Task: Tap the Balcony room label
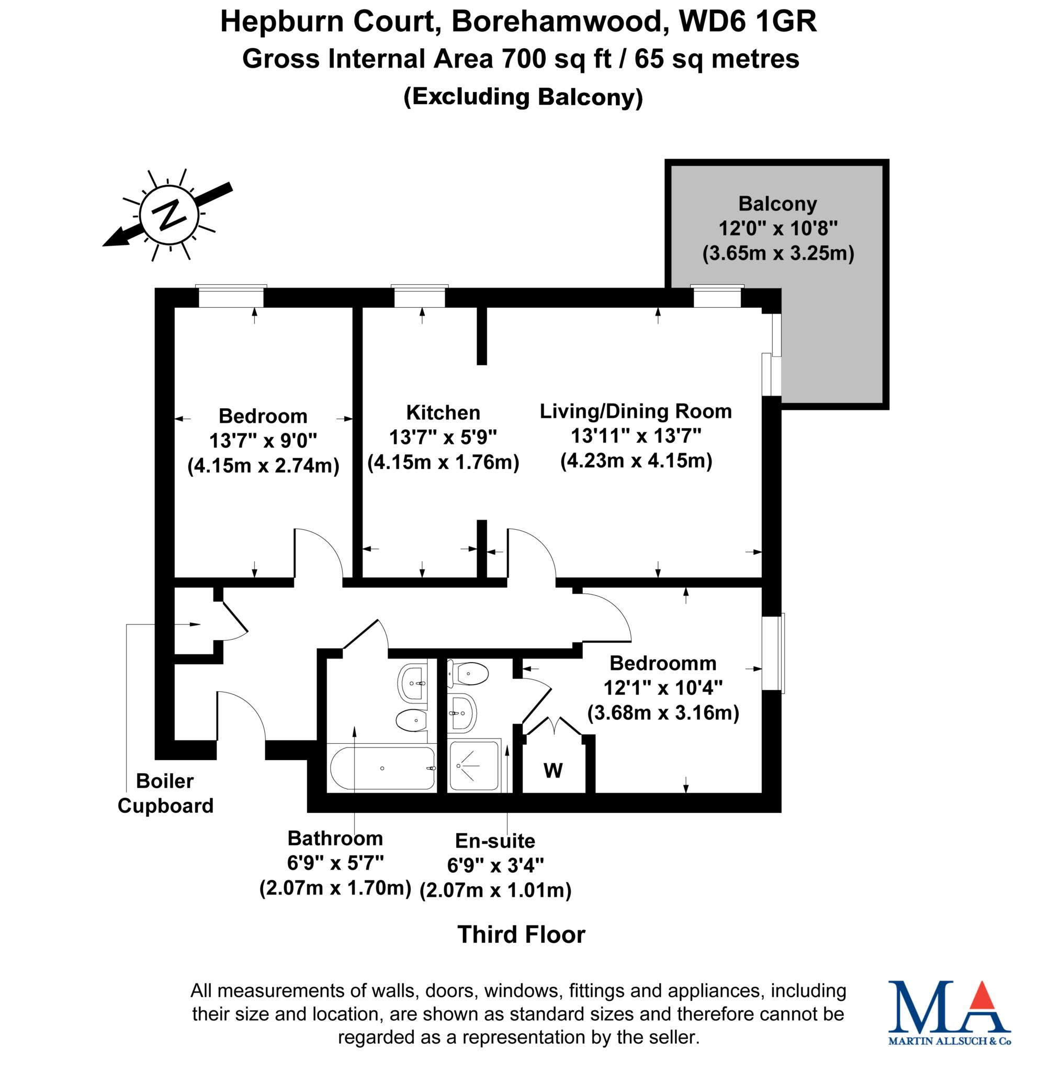click(x=777, y=204)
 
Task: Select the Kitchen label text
click(x=443, y=412)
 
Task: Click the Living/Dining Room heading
click(x=635, y=411)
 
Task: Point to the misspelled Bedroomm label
click(x=662, y=663)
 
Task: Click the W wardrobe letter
click(x=552, y=770)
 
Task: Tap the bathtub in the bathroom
click(x=382, y=768)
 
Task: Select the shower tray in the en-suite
click(x=473, y=765)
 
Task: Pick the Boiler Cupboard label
click(x=165, y=793)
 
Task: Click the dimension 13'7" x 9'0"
click(x=263, y=440)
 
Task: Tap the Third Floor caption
click(x=521, y=934)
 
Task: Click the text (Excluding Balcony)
click(x=523, y=97)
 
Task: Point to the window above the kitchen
click(x=419, y=297)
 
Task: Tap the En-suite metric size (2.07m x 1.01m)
click(x=495, y=890)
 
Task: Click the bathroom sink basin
click(x=413, y=683)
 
